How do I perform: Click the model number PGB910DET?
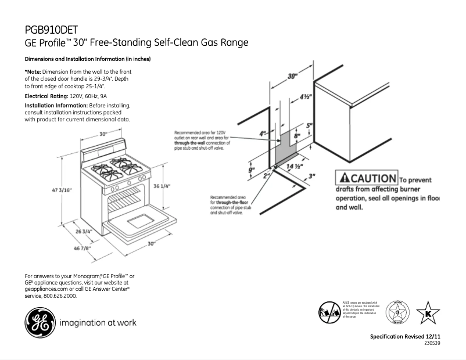tap(51, 30)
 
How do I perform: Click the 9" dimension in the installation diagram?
tap(251, 170)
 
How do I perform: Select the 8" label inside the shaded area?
tap(297, 135)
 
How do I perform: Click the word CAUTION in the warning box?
tap(373, 178)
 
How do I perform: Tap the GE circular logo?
tap(38, 322)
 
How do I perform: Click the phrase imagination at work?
tap(98, 322)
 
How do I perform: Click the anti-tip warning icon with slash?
tap(329, 312)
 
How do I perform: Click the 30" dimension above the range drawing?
tap(103, 134)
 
